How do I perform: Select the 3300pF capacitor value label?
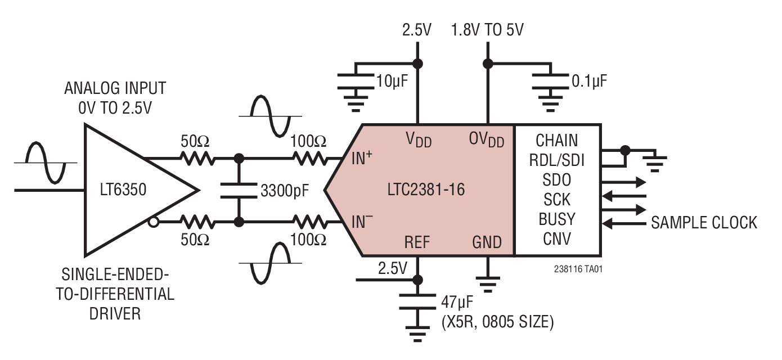285,191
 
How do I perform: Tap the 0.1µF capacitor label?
589,82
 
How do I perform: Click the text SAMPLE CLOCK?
704,223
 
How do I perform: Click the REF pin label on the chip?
417,242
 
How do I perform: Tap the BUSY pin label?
556,219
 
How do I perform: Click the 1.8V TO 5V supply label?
487,30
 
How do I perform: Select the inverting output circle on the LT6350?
153,223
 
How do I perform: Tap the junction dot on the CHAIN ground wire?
624,150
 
